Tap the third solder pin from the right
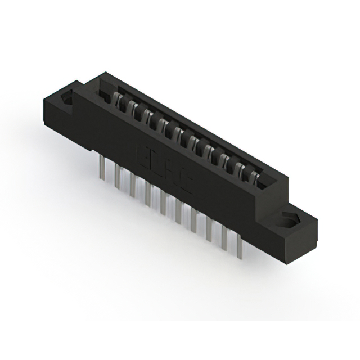209,231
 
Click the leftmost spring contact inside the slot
120,101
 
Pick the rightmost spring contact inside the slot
255,178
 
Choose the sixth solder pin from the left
178,212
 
